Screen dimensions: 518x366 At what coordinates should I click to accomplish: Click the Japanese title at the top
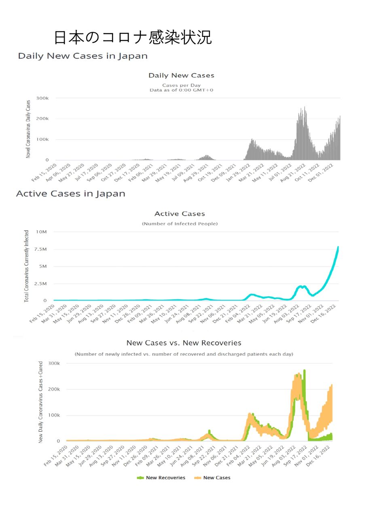pyautogui.click(x=133, y=38)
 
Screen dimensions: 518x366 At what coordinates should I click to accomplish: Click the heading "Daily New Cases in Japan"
pyautogui.click(x=83, y=56)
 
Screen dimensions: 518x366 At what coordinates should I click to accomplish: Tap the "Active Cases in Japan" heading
pyautogui.click(x=70, y=194)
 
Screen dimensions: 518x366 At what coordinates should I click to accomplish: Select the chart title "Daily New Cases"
pyautogui.click(x=181, y=75)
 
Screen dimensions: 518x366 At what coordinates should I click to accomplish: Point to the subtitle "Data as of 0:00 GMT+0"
pyautogui.click(x=181, y=90)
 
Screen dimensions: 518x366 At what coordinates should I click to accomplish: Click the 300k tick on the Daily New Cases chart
pyautogui.click(x=42, y=98)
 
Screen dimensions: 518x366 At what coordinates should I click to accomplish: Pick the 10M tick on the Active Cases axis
pyautogui.click(x=42, y=232)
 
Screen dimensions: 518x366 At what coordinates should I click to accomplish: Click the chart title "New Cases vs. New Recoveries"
pyautogui.click(x=184, y=343)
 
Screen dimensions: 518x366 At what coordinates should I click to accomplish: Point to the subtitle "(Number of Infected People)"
pyautogui.click(x=180, y=224)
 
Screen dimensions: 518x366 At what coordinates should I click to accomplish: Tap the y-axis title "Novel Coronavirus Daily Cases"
pyautogui.click(x=28, y=128)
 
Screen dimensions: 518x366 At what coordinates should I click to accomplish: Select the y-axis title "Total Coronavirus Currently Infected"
pyautogui.click(x=27, y=266)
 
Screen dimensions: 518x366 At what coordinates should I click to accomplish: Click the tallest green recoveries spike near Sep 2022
pyautogui.click(x=304, y=371)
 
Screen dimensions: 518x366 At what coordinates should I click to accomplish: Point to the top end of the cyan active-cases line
pyautogui.click(x=338, y=247)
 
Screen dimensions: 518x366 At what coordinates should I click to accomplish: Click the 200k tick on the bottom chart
pyautogui.click(x=54, y=389)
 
